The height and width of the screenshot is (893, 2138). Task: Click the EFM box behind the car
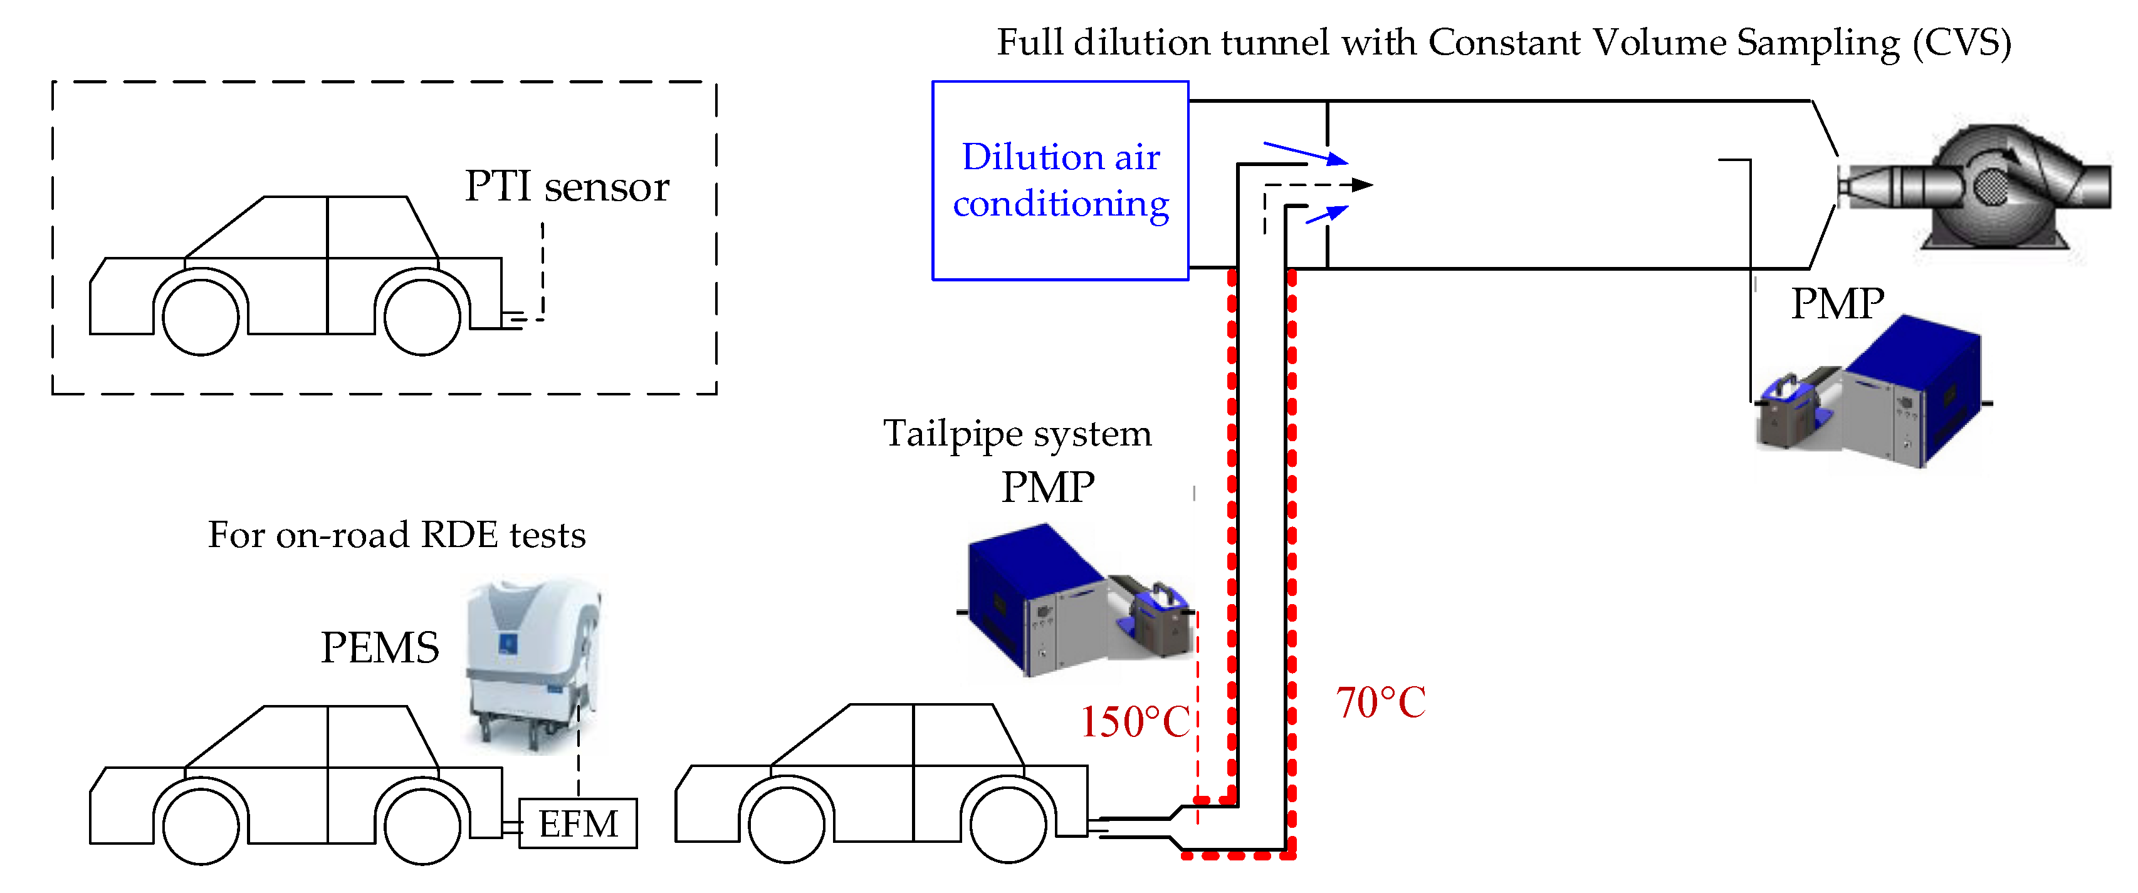coord(578,823)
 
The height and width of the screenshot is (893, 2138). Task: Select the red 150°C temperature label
coord(1134,721)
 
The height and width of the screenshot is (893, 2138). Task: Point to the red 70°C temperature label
coord(1380,703)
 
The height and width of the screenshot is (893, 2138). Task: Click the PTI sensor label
coord(566,186)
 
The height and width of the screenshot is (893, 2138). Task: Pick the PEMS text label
coord(379,647)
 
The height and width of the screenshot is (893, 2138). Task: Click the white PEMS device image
coord(531,664)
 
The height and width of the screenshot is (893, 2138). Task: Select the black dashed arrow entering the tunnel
coord(1319,185)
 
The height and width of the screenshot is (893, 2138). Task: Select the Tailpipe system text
coord(1017,433)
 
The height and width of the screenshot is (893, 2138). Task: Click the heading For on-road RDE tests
coord(397,535)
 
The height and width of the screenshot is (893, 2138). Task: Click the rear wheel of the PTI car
coord(422,316)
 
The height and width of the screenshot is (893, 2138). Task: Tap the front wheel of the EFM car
coord(201,826)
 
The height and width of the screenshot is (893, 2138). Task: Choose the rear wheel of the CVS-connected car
coord(1009,824)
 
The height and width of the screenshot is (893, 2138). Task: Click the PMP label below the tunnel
coord(1837,304)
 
